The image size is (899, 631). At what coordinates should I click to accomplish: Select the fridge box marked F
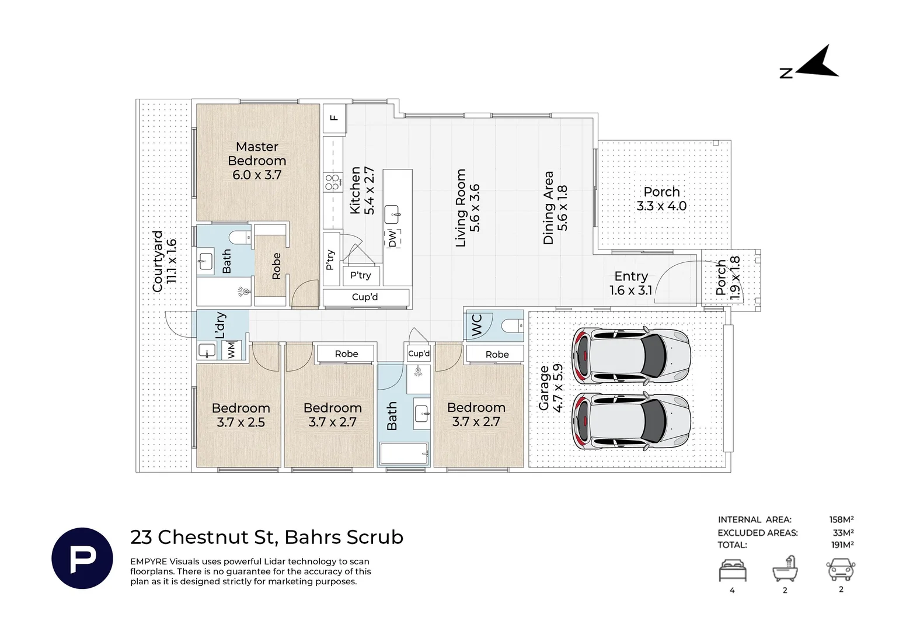coord(334,118)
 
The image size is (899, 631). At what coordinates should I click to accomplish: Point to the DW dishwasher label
coord(392,238)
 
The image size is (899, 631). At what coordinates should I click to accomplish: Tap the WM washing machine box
coord(232,350)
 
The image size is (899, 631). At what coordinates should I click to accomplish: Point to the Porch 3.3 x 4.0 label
coord(661,199)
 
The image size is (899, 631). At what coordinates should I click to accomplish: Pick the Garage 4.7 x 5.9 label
coord(551,389)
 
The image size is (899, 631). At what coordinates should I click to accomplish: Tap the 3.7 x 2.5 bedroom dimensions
coord(241,422)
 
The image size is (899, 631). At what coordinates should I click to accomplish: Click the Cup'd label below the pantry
coord(365,297)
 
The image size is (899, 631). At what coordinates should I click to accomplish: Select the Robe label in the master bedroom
coord(276,266)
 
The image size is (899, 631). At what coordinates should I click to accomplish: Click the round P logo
coord(82,559)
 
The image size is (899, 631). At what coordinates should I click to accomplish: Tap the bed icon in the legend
coord(733,570)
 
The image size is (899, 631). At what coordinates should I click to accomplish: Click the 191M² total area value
coord(842,545)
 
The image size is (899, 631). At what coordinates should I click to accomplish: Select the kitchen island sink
coord(392,215)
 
